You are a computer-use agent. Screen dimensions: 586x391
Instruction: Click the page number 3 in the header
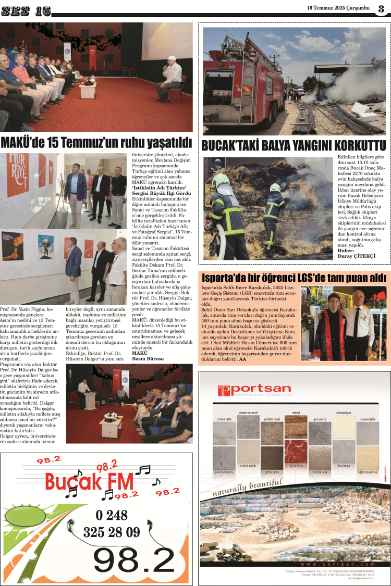point(381,8)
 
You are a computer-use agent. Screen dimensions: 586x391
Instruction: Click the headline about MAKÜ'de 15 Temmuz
point(96,142)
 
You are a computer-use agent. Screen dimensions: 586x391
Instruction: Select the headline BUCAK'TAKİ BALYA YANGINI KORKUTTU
point(294,145)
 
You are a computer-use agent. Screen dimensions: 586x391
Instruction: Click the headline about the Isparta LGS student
point(294,278)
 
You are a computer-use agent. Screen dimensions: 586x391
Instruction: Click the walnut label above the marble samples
point(296,412)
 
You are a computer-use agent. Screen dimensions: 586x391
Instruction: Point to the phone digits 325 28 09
point(112,532)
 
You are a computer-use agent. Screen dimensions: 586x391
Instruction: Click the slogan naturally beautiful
point(247,489)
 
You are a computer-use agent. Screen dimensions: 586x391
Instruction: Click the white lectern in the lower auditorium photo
point(89,400)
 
